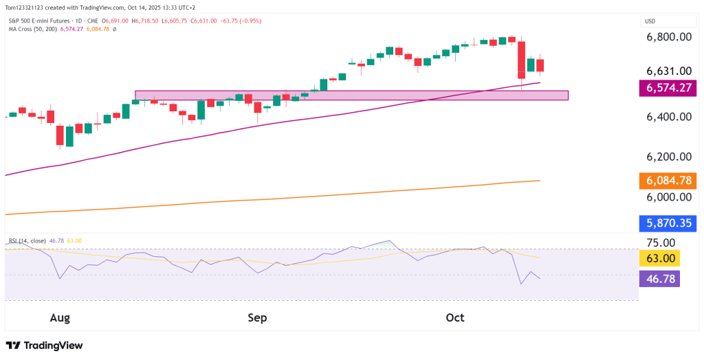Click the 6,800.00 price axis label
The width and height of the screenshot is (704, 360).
pyautogui.click(x=668, y=37)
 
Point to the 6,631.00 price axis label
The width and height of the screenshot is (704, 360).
pyautogui.click(x=668, y=71)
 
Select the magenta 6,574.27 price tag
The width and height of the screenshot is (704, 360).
pyautogui.click(x=668, y=88)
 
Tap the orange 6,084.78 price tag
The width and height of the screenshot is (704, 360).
pyautogui.click(x=668, y=181)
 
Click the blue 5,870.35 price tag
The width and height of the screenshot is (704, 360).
pyautogui.click(x=668, y=223)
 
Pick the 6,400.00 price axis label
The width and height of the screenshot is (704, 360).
pyautogui.click(x=668, y=117)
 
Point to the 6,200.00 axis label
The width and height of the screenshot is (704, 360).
pyautogui.click(x=668, y=157)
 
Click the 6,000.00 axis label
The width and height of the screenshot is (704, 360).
pyautogui.click(x=668, y=196)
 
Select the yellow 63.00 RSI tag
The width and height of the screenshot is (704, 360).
pyautogui.click(x=659, y=258)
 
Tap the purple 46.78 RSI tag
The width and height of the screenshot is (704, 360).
pyautogui.click(x=659, y=278)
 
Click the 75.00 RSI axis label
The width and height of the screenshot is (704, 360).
pyautogui.click(x=659, y=243)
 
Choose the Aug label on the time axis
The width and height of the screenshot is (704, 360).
pyautogui.click(x=60, y=317)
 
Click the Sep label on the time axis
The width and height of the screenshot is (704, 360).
pyautogui.click(x=257, y=317)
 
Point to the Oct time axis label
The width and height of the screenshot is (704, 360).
pyautogui.click(x=455, y=317)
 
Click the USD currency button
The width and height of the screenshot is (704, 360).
pyautogui.click(x=650, y=21)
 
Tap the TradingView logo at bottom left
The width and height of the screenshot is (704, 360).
pyautogui.click(x=44, y=346)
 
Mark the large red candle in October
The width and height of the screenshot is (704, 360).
pyautogui.click(x=521, y=60)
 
